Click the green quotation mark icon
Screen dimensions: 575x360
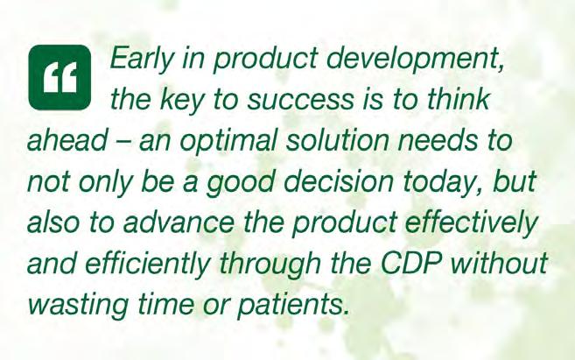coord(60,77)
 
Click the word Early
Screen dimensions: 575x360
coord(140,59)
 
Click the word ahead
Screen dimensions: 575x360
coord(67,140)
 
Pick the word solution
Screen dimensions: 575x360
coord(337,140)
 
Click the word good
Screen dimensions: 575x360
coord(240,184)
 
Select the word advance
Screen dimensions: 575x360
coord(179,222)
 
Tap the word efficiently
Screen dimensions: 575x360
coord(148,265)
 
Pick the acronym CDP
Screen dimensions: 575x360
coord(410,264)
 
